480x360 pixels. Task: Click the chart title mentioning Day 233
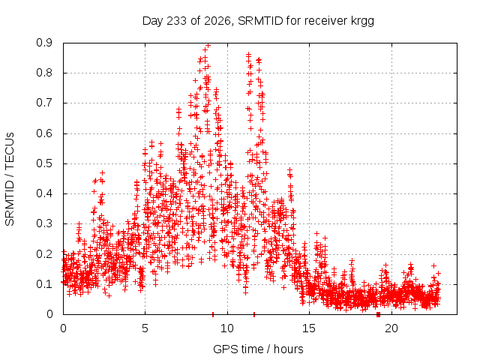point(258,21)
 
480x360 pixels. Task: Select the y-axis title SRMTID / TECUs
point(10,179)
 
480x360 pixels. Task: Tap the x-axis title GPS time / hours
point(258,349)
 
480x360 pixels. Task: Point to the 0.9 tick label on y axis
point(44,43)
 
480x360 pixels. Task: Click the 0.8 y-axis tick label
point(44,73)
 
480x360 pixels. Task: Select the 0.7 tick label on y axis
point(44,103)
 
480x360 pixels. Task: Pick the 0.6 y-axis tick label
point(44,133)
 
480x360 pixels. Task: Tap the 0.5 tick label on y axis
point(44,163)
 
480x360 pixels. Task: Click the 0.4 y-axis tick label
point(44,193)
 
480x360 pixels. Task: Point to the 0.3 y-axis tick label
point(44,223)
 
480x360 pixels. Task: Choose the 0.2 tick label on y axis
point(44,253)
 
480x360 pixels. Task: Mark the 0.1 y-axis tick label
point(44,284)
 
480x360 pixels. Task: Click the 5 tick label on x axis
point(145,328)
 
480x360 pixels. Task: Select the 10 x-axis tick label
point(226,328)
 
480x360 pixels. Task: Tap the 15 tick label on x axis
point(309,328)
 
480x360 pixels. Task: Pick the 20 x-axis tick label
point(391,328)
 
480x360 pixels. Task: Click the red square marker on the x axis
point(378,314)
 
